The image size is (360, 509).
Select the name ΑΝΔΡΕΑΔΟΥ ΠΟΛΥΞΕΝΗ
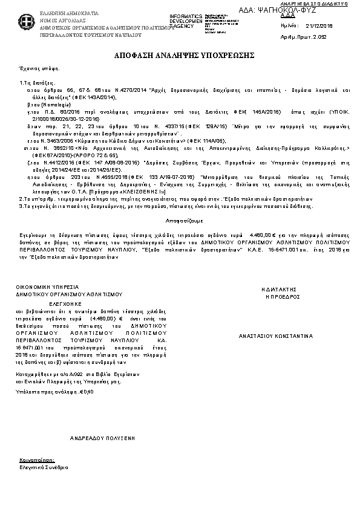coord(102,436)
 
